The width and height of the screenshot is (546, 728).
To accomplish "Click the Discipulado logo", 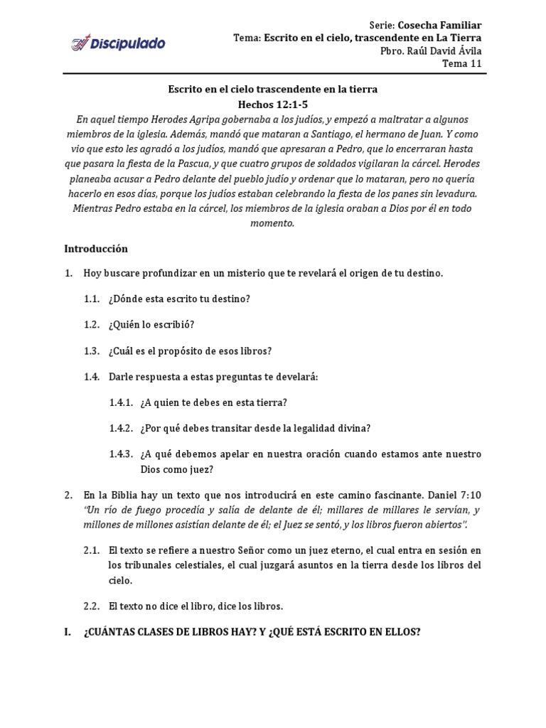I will coord(117,44).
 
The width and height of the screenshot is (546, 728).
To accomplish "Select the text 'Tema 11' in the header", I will coord(462,63).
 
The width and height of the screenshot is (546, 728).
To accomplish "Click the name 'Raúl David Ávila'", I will coord(445,50).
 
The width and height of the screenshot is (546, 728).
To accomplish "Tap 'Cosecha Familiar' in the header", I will coord(440,25).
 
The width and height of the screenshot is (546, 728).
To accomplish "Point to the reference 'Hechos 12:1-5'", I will coord(272,104).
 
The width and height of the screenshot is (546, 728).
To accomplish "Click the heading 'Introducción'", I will coord(96,249).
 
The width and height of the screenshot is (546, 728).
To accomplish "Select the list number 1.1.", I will coord(92,299).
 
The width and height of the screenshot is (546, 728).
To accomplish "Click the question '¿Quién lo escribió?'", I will coord(151,325).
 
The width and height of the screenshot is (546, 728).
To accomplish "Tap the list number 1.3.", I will coord(92,351).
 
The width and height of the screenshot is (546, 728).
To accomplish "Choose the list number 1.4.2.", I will coord(122,428).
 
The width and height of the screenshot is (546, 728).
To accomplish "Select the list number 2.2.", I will coord(92,606).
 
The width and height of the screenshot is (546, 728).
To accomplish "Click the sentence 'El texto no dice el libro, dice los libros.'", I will coord(196,606).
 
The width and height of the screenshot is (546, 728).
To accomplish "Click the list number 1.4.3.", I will coord(122,454).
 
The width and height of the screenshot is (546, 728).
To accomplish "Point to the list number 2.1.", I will coord(92,550).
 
